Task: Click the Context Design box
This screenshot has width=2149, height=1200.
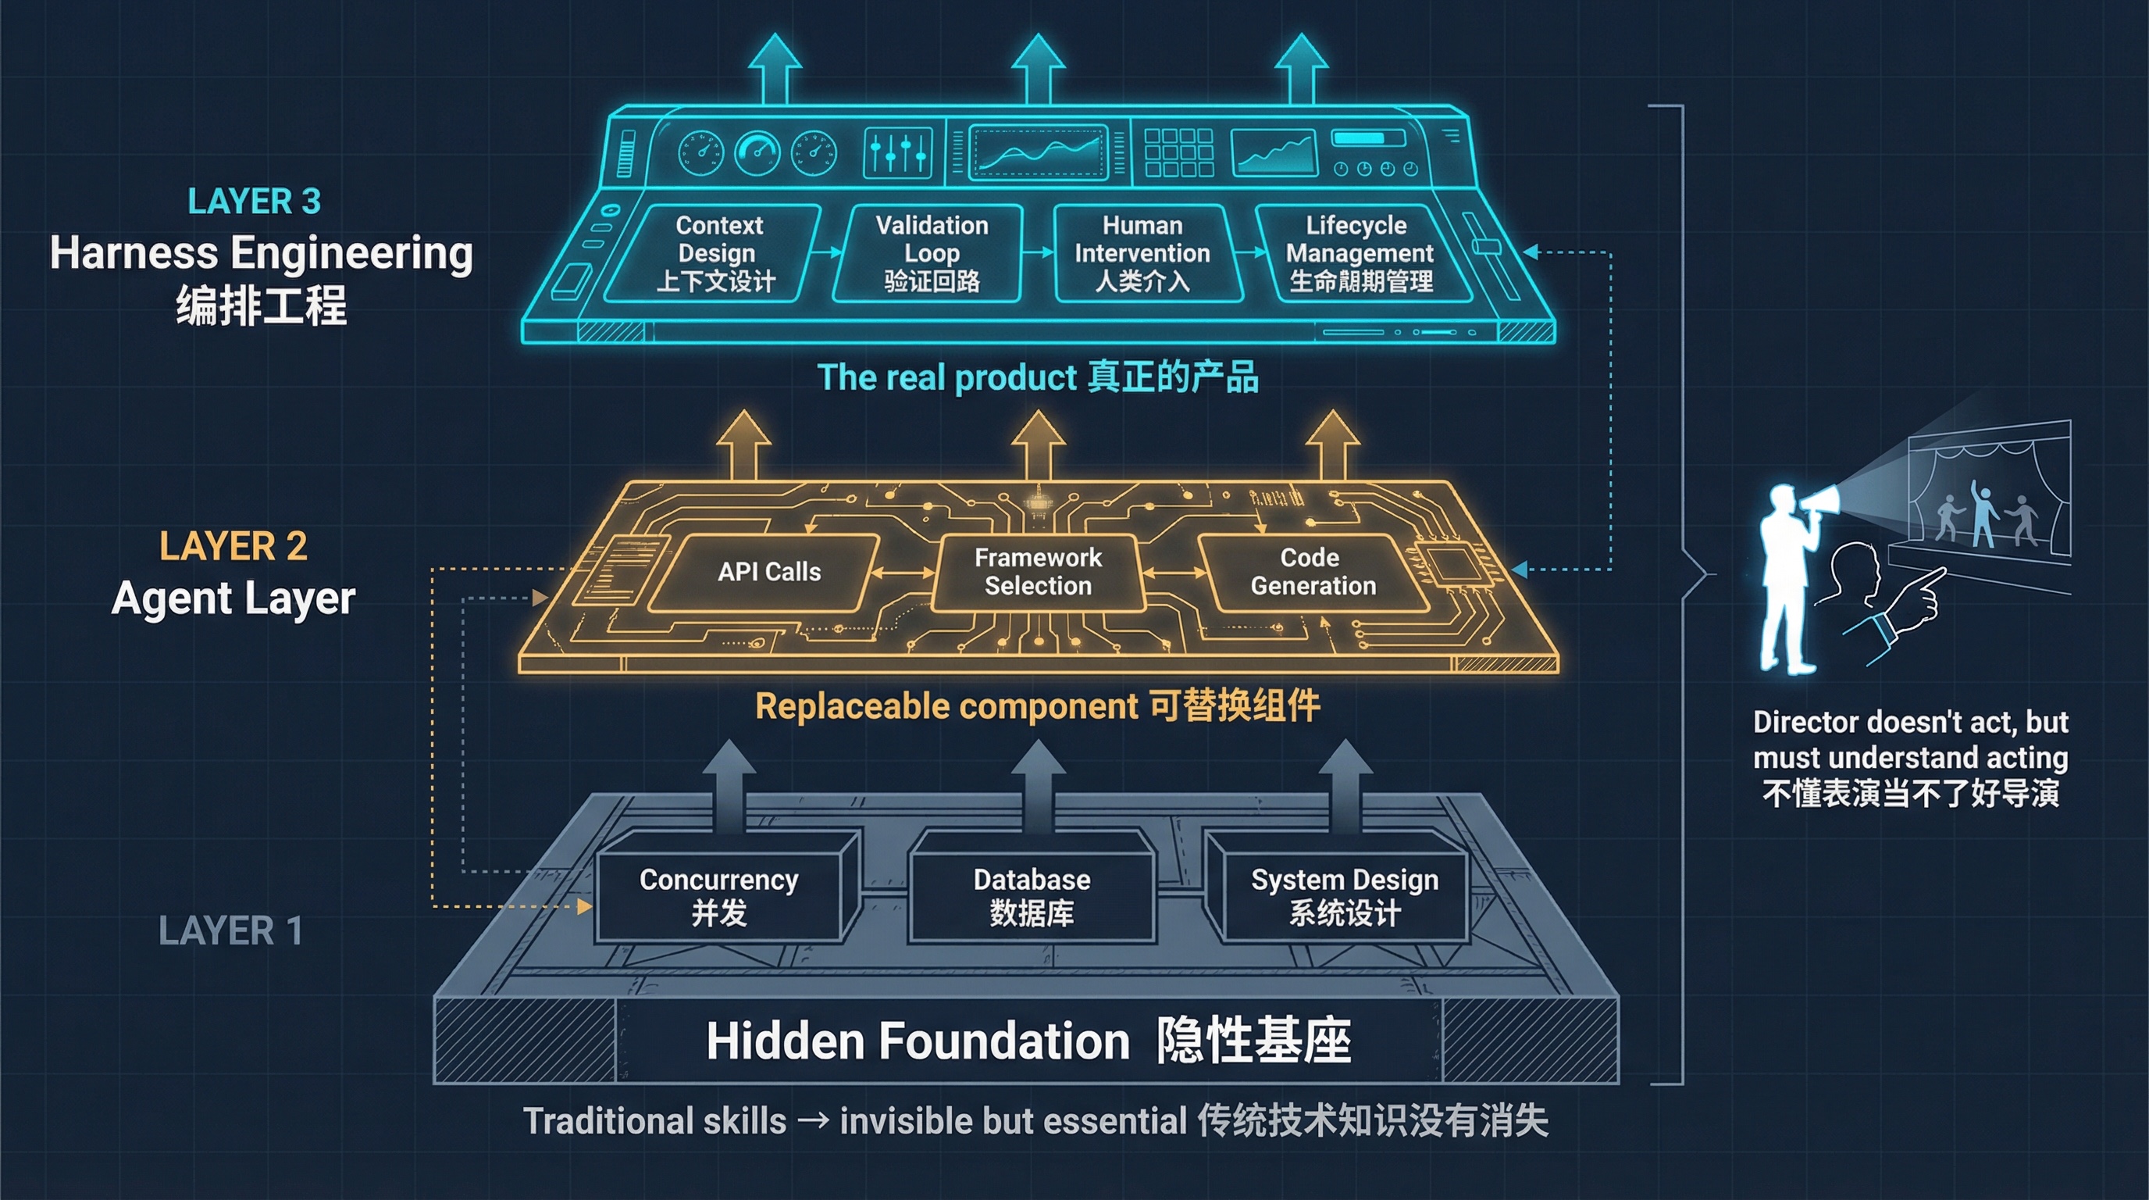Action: (x=716, y=253)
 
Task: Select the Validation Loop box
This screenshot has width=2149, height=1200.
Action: (x=931, y=253)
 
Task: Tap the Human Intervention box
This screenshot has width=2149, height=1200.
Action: (x=1142, y=253)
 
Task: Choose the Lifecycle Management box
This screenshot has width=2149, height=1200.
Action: (x=1359, y=253)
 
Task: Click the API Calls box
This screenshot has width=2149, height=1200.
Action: (x=768, y=572)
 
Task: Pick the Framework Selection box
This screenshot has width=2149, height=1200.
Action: (x=1038, y=572)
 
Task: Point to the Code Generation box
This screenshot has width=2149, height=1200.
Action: (x=1312, y=572)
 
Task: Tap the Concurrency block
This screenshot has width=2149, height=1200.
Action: (x=718, y=895)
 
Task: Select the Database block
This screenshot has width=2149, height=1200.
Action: (x=1032, y=895)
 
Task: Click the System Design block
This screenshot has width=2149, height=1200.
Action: (x=1345, y=895)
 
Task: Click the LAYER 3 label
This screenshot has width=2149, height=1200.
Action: (x=254, y=201)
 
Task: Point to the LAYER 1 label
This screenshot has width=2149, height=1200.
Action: (x=230, y=930)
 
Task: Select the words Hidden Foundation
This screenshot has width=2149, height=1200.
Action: (x=918, y=1041)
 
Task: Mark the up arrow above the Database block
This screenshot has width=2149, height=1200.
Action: (x=1037, y=784)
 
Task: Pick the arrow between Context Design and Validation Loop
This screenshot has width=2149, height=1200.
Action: (x=828, y=252)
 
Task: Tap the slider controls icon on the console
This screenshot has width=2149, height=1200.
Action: (x=896, y=152)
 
